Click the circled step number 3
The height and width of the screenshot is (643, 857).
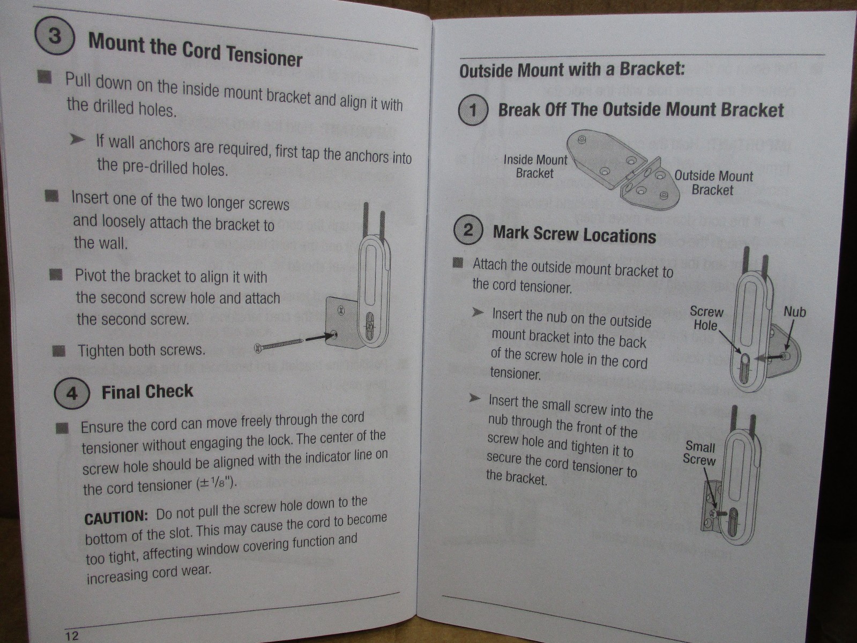tap(55, 36)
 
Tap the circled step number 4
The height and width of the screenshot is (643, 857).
tap(72, 393)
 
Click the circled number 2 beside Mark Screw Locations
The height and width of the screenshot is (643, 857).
tap(468, 230)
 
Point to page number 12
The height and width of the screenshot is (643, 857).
tap(72, 635)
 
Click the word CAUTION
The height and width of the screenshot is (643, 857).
tap(116, 518)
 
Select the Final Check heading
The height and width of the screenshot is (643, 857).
tap(147, 392)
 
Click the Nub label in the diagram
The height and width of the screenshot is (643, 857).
tap(794, 312)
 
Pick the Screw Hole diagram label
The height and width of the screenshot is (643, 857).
tap(706, 318)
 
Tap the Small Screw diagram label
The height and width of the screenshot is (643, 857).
tap(699, 453)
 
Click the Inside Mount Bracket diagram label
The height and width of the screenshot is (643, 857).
tap(535, 166)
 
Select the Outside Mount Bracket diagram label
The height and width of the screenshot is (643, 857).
tap(713, 183)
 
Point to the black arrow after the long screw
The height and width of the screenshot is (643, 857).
tap(321, 337)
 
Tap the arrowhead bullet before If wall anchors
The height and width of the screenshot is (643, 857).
tap(77, 139)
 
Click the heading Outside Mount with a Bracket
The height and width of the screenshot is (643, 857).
tap(572, 70)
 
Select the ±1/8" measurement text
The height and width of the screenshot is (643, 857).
tap(216, 483)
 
